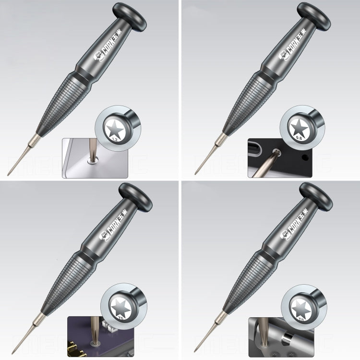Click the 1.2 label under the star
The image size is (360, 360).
115,139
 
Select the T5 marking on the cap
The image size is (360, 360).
115,317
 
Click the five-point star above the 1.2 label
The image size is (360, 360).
116,127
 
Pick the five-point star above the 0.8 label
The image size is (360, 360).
299,126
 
